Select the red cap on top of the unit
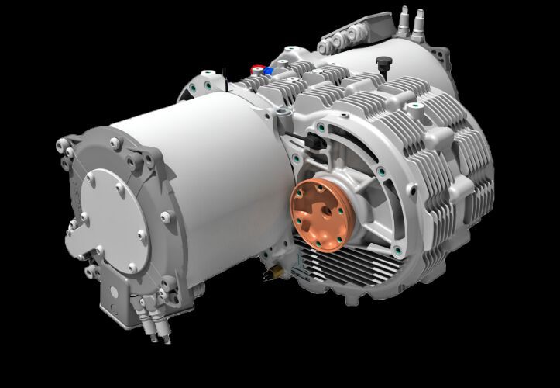[x=256, y=69]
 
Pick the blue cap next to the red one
[x=268, y=71]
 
